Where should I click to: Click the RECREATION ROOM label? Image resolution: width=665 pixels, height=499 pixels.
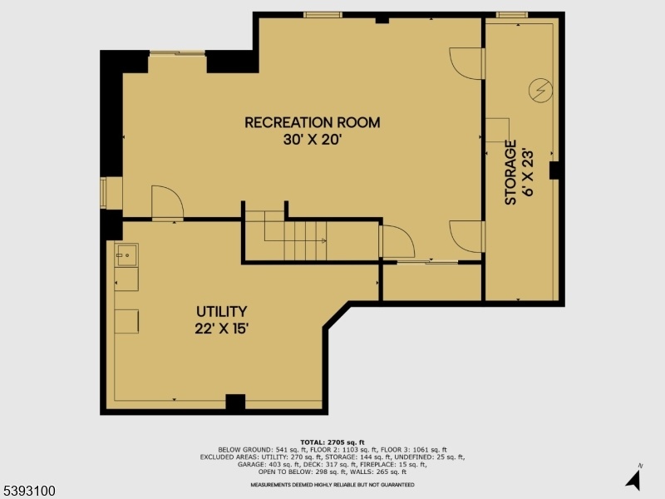point(313,122)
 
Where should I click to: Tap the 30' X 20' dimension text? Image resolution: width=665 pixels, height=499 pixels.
point(313,140)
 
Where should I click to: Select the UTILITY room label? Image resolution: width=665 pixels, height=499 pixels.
point(221,312)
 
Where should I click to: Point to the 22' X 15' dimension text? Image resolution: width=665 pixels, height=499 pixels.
point(221,329)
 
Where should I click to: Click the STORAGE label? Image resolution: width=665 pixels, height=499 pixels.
point(510,173)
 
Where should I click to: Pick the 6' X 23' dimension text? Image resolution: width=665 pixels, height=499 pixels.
point(528,172)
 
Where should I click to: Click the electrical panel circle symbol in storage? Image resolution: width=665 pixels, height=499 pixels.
point(541,91)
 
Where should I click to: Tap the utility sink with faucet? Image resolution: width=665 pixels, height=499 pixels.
point(127,255)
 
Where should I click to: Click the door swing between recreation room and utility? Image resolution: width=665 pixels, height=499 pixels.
point(168,203)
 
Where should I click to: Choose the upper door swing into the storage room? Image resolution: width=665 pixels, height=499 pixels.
point(467,64)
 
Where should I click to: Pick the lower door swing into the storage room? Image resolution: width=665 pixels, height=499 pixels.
point(467,237)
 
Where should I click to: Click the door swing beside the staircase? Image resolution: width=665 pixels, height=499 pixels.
point(397,241)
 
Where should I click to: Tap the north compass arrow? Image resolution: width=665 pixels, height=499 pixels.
point(633,480)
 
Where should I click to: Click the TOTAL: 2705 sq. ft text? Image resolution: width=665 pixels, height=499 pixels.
point(332,442)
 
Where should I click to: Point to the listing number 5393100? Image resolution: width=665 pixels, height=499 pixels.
point(28,491)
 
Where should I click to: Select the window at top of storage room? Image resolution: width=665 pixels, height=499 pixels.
point(512,15)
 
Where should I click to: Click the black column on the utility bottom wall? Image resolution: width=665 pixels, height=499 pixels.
point(235,403)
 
